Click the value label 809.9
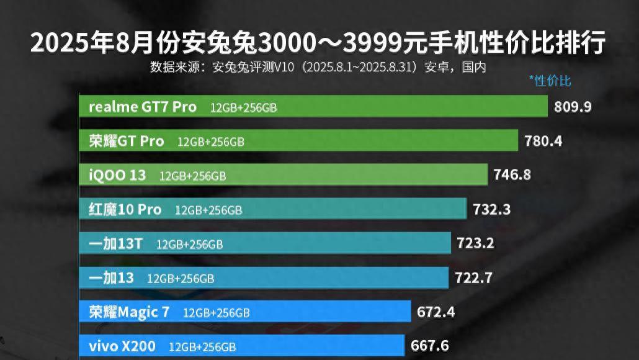573,107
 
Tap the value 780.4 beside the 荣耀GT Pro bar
543,141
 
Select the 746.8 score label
512,174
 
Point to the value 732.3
491,209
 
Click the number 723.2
475,243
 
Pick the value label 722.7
473,278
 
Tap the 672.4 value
436,312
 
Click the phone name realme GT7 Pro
143,107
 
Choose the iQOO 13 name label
117,175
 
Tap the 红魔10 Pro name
125,210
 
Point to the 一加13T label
115,243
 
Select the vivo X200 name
122,346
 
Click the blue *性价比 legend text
550,81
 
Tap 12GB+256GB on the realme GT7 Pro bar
243,107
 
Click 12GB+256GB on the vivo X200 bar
202,346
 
